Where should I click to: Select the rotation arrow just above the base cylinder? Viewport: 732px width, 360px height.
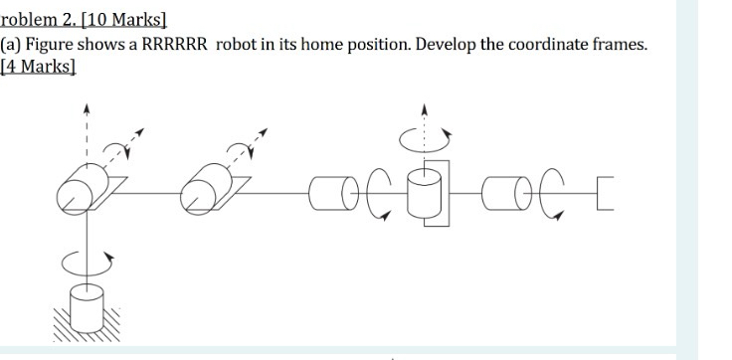pyautogui.click(x=88, y=262)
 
